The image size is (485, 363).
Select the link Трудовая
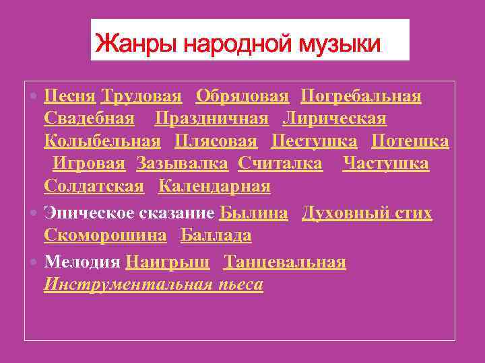(141, 97)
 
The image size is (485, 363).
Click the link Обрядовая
(242, 97)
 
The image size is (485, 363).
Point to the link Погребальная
(361, 97)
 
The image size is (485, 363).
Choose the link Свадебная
(89, 119)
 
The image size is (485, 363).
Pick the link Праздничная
(212, 119)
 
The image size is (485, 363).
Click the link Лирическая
(334, 119)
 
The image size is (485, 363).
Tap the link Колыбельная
(102, 141)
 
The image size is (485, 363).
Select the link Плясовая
(216, 141)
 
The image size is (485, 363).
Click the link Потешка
(410, 141)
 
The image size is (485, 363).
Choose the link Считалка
(280, 163)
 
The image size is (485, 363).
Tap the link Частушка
(385, 163)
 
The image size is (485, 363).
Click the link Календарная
(214, 186)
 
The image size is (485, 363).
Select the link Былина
(253, 213)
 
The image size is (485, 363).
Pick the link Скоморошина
(105, 235)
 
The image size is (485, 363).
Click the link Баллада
(216, 235)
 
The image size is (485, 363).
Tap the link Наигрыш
(168, 262)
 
